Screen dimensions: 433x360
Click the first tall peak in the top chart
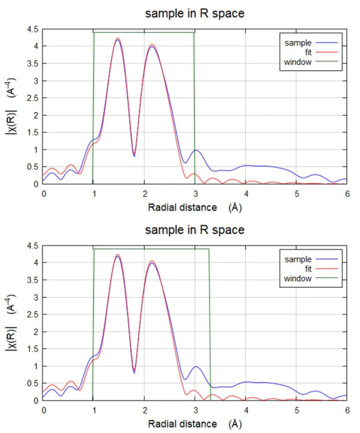click(118, 39)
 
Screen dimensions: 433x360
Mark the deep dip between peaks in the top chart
click(134, 155)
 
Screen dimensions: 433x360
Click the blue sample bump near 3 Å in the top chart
click(196, 150)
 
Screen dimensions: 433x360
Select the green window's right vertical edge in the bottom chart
click(209, 326)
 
